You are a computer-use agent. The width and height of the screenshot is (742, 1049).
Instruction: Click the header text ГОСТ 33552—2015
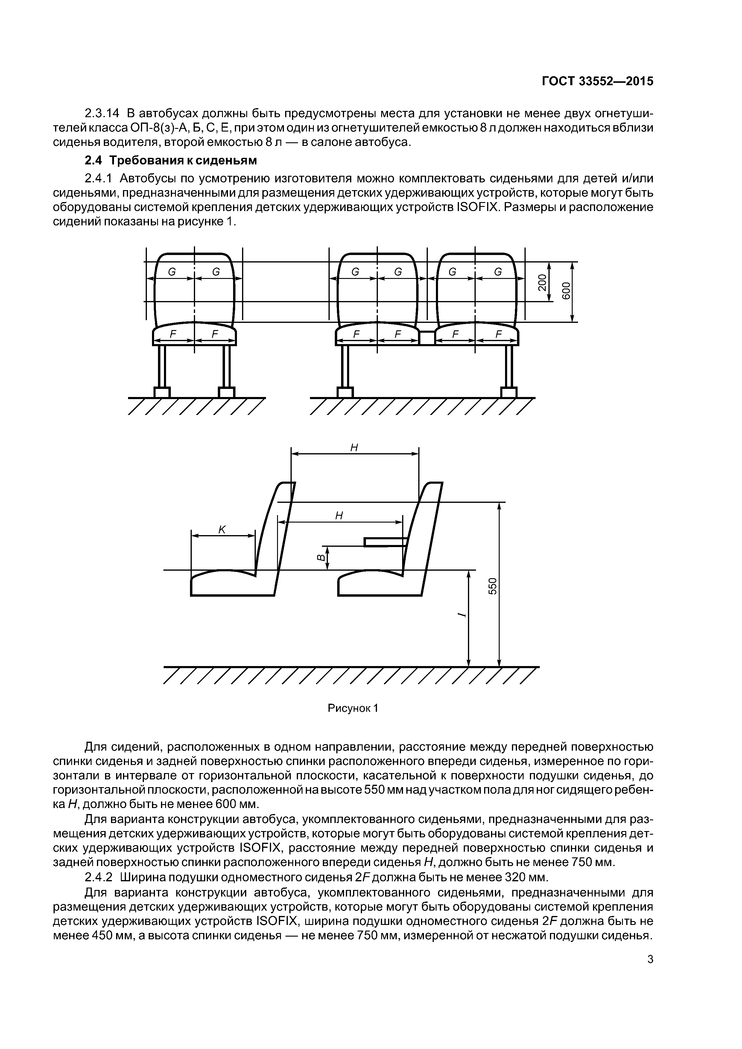point(597,81)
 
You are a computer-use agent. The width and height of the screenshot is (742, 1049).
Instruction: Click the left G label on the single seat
point(172,272)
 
